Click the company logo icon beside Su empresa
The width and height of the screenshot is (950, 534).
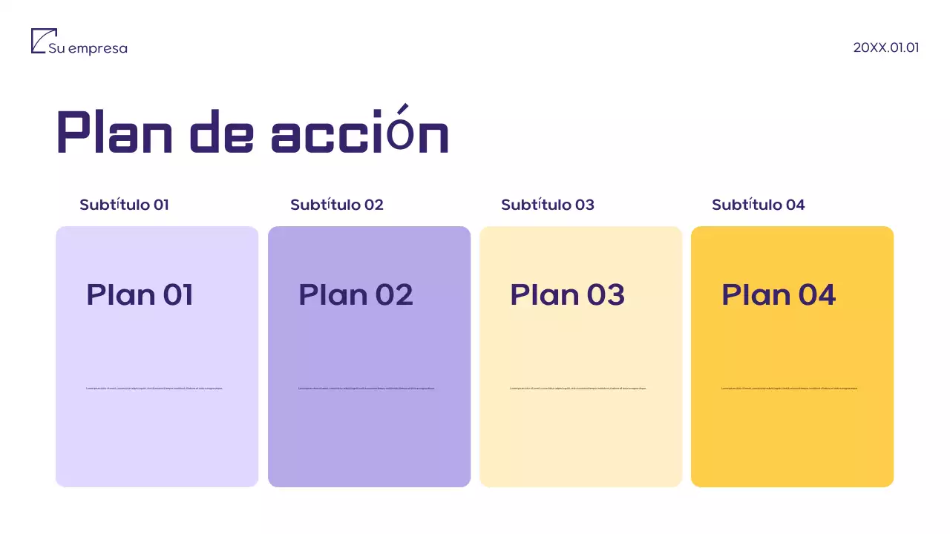43,41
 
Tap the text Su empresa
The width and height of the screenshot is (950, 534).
88,49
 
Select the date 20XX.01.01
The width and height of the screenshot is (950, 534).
886,47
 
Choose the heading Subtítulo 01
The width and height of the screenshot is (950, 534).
124,205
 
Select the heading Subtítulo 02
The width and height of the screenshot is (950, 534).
337,205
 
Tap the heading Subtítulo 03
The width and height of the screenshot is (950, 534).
548,205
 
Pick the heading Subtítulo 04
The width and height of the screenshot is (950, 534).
758,205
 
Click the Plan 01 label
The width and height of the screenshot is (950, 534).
140,295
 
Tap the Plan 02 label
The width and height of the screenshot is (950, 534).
356,295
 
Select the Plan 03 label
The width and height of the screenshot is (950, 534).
567,295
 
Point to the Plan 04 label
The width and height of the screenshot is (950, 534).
779,295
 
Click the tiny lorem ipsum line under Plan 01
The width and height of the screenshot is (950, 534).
154,388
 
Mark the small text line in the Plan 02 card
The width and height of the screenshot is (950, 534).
367,388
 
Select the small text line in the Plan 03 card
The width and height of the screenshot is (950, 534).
578,388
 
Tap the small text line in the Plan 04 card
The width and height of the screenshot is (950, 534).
790,388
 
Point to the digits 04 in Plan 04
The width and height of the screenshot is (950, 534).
816,295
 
